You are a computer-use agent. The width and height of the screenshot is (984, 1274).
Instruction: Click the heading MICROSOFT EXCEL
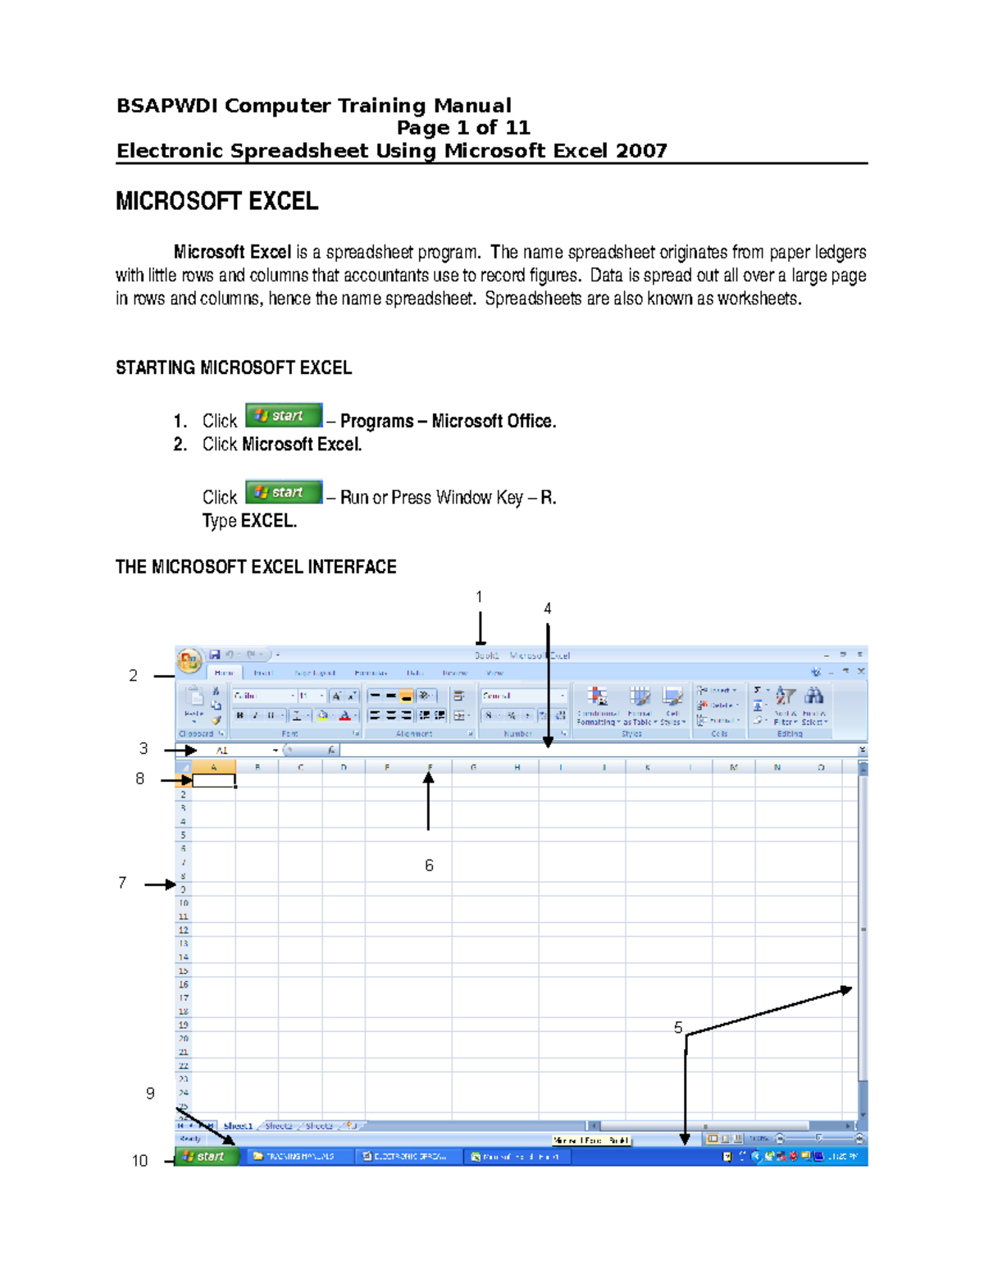(216, 202)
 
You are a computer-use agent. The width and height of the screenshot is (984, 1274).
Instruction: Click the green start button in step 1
(284, 416)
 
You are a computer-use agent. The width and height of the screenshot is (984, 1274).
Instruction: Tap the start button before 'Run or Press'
(284, 492)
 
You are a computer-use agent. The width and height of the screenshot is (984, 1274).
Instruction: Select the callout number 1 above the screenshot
(479, 597)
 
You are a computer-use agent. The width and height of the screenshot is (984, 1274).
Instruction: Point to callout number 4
(547, 609)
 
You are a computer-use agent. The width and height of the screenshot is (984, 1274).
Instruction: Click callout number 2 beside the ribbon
(133, 675)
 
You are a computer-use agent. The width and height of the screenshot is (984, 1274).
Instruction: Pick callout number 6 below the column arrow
(429, 865)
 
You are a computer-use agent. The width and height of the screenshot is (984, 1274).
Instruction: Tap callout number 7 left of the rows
(122, 883)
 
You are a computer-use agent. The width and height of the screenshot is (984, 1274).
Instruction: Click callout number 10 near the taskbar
(139, 1161)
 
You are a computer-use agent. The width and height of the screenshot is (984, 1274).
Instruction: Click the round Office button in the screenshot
(189, 660)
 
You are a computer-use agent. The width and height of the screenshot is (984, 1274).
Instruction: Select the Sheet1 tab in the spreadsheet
(238, 1126)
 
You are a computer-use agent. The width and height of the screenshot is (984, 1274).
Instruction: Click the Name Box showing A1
(238, 751)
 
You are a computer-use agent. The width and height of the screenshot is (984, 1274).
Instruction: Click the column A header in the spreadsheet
(214, 768)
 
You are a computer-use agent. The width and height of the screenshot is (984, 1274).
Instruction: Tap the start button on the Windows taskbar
(207, 1157)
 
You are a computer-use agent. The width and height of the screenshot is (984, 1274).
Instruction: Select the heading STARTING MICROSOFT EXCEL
(234, 368)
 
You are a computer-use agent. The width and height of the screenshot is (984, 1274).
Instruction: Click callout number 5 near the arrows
(678, 1028)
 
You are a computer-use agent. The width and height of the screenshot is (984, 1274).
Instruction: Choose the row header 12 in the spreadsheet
(184, 930)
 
